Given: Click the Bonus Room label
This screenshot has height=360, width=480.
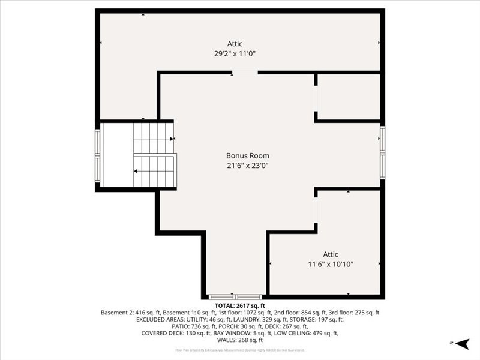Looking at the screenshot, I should click(247, 156).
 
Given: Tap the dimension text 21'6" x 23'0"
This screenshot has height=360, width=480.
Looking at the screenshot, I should click(247, 166).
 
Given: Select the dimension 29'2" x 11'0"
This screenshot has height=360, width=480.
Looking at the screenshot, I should click(239, 53).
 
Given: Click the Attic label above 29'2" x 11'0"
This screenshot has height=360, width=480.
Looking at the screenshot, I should click(235, 44).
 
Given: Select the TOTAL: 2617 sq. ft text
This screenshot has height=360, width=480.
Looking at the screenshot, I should click(239, 305).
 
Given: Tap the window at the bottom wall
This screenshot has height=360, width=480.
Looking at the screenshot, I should click(235, 296).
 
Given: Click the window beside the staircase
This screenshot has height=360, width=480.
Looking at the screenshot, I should click(98, 155).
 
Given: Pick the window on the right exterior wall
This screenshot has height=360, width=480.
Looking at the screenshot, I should click(382, 152).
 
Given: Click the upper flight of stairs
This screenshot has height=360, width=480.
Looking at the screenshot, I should click(153, 137).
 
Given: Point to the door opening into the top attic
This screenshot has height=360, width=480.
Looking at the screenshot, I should click(245, 73).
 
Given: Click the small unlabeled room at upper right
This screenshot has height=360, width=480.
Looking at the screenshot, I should click(348, 97).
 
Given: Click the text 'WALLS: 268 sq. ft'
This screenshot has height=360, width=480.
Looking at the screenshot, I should click(239, 340).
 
